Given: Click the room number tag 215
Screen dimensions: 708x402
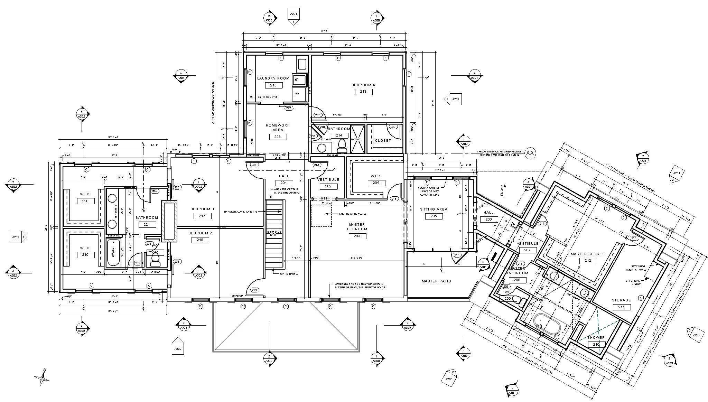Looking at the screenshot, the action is [x=273, y=85].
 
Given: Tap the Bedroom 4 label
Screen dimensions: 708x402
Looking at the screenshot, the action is [x=363, y=85].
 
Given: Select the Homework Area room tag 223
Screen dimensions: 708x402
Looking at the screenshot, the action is [x=278, y=137].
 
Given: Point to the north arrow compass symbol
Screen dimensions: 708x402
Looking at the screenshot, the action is [x=43, y=377].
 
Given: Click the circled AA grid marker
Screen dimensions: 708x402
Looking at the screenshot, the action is [x=530, y=153].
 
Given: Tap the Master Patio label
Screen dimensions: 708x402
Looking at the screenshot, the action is [x=436, y=281].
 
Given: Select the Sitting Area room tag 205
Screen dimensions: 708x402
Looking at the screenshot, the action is [x=434, y=216].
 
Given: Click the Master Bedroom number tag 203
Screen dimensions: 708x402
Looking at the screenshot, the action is [x=357, y=236].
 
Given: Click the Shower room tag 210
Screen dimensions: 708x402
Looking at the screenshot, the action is [x=596, y=345].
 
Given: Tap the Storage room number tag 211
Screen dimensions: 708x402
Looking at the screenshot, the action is [x=621, y=307].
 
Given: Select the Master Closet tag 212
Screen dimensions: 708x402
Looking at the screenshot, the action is [x=588, y=261].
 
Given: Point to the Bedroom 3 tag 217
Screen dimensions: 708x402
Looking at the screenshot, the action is [x=202, y=216].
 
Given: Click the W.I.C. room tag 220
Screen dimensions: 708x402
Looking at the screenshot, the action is [x=85, y=201].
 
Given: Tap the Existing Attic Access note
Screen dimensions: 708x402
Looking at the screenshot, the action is [x=353, y=214].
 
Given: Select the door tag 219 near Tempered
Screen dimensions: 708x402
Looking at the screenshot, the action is [x=254, y=290].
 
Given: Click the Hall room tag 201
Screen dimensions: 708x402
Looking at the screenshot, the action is [x=284, y=183].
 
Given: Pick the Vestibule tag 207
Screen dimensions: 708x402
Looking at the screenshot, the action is [x=527, y=250].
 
